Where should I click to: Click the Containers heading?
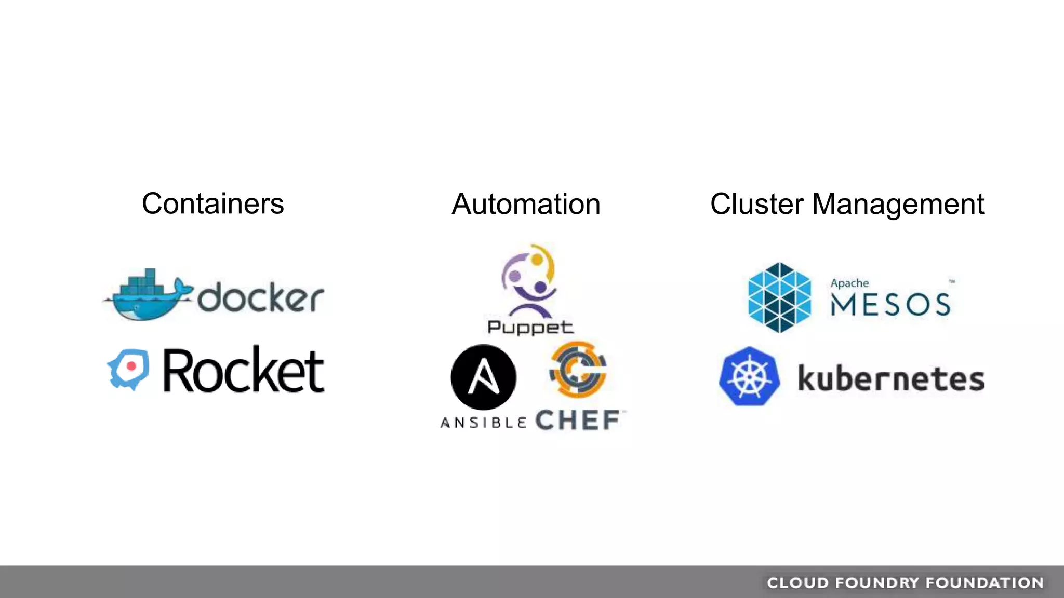point(213,203)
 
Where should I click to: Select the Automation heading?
point(526,204)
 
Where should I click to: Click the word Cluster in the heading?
point(757,204)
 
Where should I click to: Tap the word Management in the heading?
point(898,204)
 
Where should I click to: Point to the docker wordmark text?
point(260,298)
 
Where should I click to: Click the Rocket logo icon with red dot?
point(129,369)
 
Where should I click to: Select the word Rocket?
point(244,370)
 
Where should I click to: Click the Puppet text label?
point(530,328)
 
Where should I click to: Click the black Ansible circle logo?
point(483,377)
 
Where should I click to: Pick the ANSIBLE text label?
point(484,423)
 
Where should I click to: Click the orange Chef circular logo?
point(578,369)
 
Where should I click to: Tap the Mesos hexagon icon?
point(779,297)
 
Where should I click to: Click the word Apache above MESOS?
point(849,283)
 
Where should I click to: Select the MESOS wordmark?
point(890,305)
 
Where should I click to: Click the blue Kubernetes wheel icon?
point(749,376)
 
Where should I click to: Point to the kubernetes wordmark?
point(890,378)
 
